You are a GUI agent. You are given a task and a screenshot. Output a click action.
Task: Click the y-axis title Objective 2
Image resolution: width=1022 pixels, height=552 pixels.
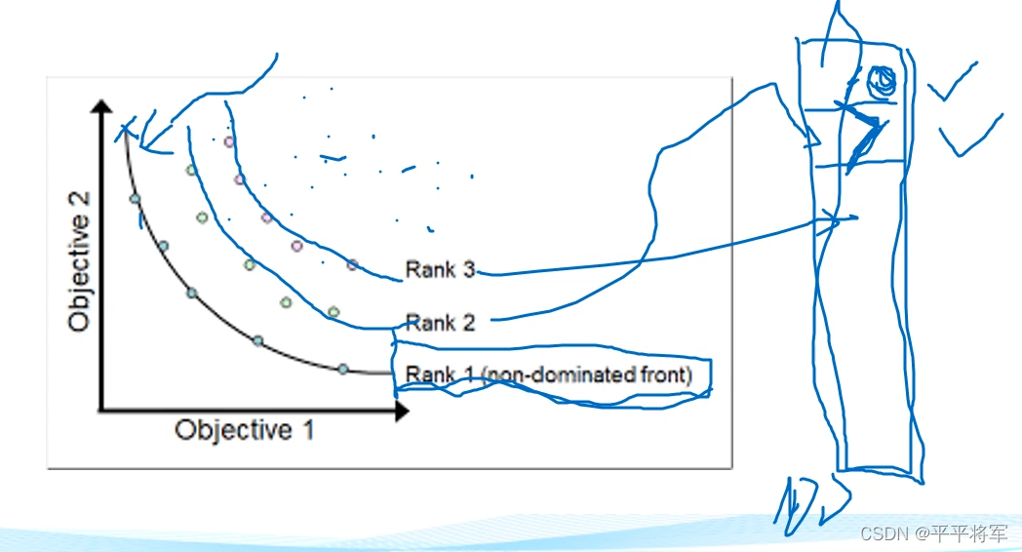pyautogui.click(x=79, y=262)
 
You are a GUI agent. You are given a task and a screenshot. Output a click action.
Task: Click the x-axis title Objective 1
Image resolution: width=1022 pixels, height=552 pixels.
pyautogui.click(x=245, y=430)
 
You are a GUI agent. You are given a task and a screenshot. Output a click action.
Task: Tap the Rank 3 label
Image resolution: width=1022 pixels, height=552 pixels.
pyautogui.click(x=440, y=270)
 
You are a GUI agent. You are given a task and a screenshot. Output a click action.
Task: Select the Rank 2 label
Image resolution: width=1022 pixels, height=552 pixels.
pyautogui.click(x=440, y=323)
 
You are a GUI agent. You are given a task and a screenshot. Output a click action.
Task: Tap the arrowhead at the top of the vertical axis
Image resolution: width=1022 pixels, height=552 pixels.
pyautogui.click(x=101, y=106)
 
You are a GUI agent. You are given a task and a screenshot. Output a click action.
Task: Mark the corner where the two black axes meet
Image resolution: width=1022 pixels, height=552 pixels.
pyautogui.click(x=101, y=411)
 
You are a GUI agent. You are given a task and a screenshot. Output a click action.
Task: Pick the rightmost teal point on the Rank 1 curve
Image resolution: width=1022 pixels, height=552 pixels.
pyautogui.click(x=343, y=370)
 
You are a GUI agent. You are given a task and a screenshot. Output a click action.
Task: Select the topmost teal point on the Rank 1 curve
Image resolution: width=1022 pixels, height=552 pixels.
pyautogui.click(x=135, y=199)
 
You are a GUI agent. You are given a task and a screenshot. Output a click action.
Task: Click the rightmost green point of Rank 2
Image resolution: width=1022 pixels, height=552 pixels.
pyautogui.click(x=334, y=312)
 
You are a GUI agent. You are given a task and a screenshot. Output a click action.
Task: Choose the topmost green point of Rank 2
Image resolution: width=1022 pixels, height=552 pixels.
pyautogui.click(x=191, y=170)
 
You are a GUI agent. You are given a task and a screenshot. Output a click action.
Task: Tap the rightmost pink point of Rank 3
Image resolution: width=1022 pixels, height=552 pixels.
pyautogui.click(x=353, y=264)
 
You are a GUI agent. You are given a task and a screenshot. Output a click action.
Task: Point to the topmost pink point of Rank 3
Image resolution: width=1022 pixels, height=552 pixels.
pyautogui.click(x=229, y=141)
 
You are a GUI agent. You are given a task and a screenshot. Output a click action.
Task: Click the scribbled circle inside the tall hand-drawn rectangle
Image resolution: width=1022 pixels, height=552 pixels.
pyautogui.click(x=883, y=82)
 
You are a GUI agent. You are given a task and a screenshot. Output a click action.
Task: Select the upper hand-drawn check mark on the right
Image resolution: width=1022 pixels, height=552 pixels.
pyautogui.click(x=953, y=83)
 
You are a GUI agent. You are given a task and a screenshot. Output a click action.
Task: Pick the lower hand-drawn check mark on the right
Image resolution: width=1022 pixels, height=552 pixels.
pyautogui.click(x=970, y=135)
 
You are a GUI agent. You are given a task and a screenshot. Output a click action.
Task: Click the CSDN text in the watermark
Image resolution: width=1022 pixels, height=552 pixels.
pyautogui.click(x=884, y=533)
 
